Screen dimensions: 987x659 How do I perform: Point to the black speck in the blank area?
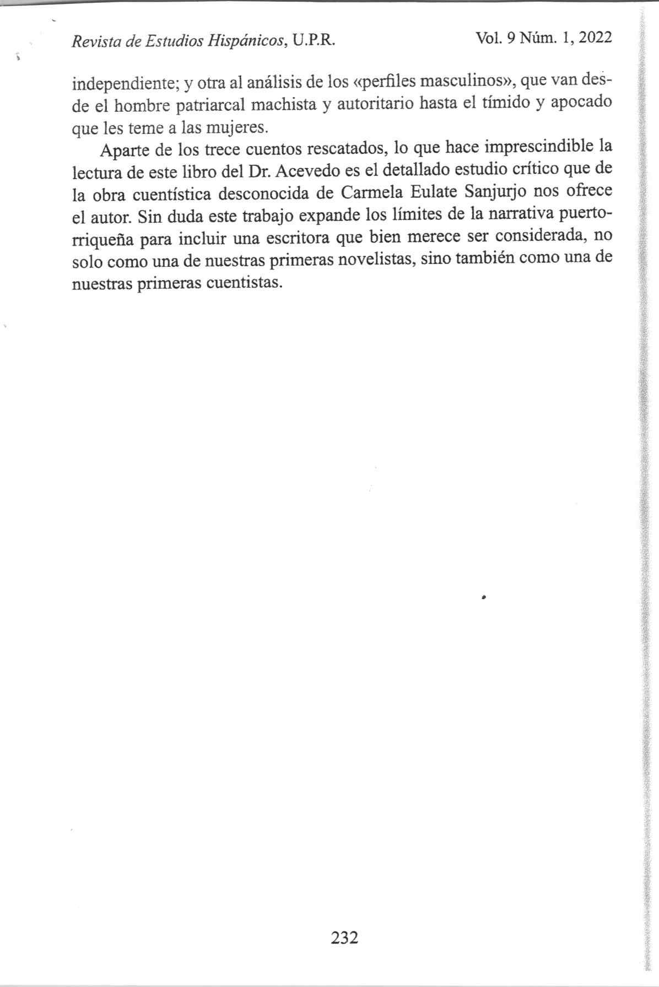coord(483,597)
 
